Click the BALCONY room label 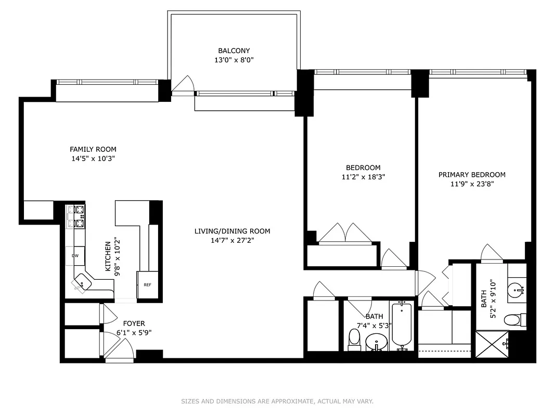[x=234, y=51]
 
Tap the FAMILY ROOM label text [x=93, y=149]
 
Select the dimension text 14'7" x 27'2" [x=232, y=240]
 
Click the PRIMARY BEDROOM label [x=472, y=175]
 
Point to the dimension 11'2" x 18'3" [x=363, y=177]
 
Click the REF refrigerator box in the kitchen [x=147, y=285]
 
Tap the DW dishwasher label [x=75, y=256]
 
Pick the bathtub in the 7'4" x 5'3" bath [x=402, y=325]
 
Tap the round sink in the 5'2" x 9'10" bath [x=515, y=289]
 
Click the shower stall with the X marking [x=492, y=344]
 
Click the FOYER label [x=134, y=323]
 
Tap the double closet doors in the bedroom [x=345, y=233]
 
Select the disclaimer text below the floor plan [x=277, y=401]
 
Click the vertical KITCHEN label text [x=108, y=256]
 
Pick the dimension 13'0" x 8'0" [x=234, y=60]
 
